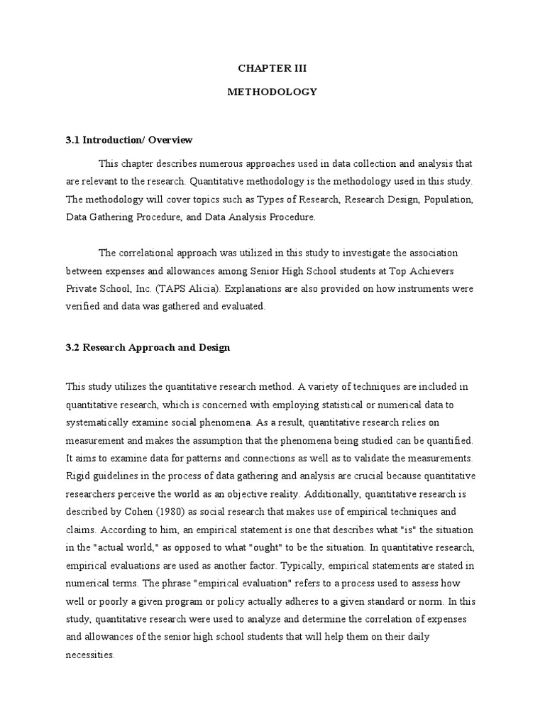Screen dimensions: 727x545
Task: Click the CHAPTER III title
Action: coord(272,69)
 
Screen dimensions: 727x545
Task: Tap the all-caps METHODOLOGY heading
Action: coord(272,92)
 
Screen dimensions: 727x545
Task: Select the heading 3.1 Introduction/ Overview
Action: coord(129,140)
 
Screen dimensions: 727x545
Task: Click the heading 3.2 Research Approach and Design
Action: coord(148,348)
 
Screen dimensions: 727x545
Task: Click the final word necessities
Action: coord(89,655)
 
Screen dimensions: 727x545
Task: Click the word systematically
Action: coord(99,422)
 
